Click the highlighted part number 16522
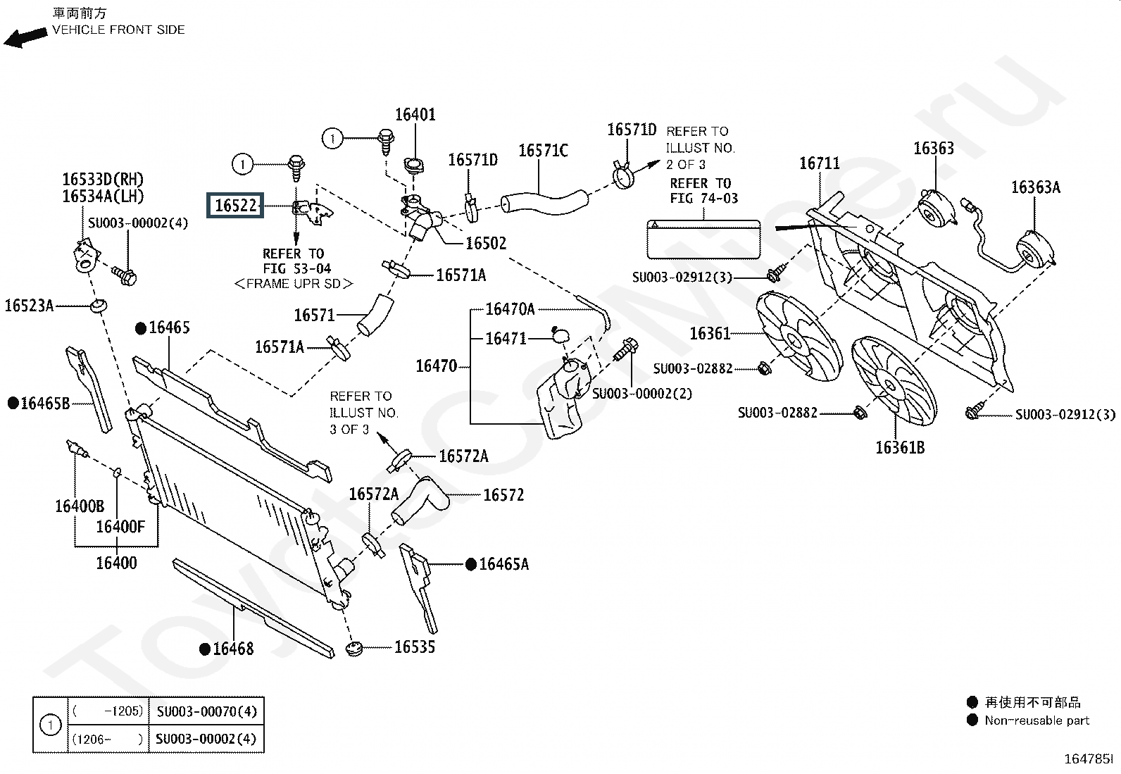235,205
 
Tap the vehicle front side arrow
25,38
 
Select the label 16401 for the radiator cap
415,115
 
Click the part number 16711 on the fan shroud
819,163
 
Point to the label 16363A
1035,187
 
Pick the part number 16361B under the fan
900,448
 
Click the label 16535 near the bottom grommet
414,647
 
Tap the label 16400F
120,527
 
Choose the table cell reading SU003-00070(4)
207,711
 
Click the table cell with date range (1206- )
108,739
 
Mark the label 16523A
29,306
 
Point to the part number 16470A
510,309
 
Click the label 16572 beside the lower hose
503,495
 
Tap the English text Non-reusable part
1037,720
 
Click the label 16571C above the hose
543,151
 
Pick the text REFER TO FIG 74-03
703,191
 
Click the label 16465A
504,564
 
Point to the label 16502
486,243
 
